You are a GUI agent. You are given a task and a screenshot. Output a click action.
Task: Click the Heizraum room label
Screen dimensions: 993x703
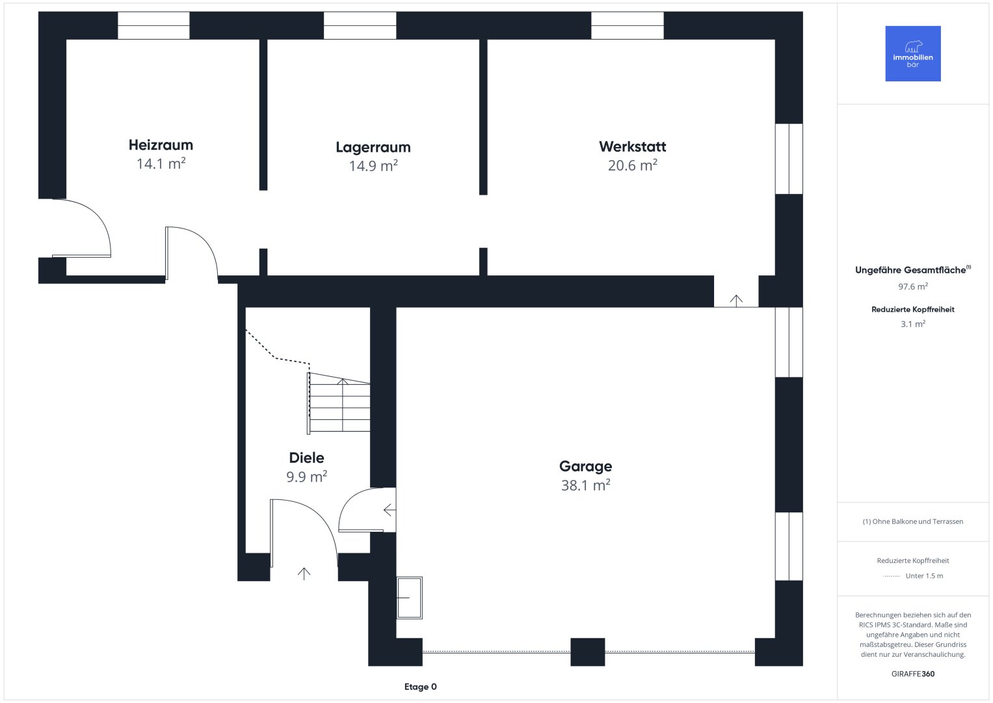(x=161, y=145)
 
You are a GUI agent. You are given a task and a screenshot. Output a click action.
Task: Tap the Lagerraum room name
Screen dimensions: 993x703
(x=373, y=147)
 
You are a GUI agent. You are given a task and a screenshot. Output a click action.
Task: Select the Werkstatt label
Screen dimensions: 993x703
(x=632, y=146)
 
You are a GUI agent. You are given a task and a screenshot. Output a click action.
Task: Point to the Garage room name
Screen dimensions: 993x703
(x=585, y=466)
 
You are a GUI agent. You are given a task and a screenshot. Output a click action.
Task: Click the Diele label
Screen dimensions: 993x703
(x=306, y=458)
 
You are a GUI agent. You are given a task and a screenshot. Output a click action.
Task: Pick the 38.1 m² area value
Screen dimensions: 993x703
(x=585, y=485)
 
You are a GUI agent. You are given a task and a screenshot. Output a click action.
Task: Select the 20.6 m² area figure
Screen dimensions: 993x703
(x=632, y=165)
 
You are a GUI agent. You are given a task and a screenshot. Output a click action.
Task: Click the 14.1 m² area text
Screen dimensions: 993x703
(x=161, y=163)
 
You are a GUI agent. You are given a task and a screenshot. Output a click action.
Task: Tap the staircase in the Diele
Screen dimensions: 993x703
(x=339, y=402)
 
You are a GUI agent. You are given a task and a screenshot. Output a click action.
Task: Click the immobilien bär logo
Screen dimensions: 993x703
(x=913, y=53)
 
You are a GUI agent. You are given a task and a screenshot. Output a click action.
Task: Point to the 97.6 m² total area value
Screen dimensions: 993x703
(x=913, y=286)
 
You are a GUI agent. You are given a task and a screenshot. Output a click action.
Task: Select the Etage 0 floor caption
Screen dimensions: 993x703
(x=420, y=687)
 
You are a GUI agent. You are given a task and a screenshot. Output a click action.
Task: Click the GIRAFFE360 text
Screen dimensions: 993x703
(x=913, y=674)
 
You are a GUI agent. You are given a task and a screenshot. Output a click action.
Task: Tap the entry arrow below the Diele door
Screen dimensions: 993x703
(x=304, y=574)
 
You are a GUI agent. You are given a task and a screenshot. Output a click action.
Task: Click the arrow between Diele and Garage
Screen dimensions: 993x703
(x=390, y=510)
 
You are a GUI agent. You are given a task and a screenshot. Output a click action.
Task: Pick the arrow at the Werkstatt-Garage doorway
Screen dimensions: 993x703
(x=736, y=301)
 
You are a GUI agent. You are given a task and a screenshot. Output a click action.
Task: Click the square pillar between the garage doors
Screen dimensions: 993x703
(x=587, y=652)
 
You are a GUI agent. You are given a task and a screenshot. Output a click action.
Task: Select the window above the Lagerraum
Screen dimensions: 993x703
(x=360, y=25)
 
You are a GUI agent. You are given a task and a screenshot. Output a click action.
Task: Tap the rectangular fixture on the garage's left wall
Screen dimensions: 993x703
(x=409, y=598)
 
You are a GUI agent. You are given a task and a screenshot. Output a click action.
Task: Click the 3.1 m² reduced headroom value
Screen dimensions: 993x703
(x=913, y=324)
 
